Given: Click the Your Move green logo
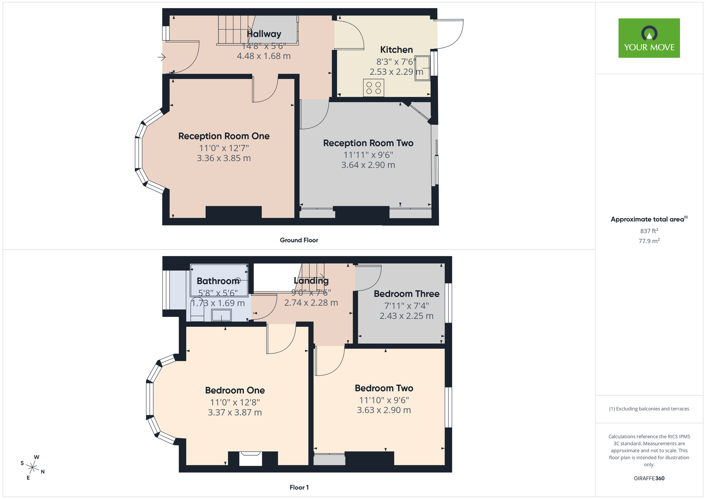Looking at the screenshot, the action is [649, 38].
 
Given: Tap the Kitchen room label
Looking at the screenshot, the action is [396, 50].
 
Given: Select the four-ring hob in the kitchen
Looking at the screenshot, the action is [373, 88].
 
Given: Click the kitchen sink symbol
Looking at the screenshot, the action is [423, 68].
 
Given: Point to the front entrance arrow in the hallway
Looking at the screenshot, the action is [162, 57].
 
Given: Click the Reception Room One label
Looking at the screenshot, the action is [224, 136].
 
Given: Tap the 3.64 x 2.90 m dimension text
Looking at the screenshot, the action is [368, 165].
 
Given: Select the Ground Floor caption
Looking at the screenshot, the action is [299, 240].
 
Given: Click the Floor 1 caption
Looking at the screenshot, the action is [299, 487].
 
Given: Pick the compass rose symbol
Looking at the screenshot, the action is [32, 468].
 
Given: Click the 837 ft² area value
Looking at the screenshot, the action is [649, 231].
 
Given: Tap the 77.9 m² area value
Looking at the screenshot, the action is [649, 241].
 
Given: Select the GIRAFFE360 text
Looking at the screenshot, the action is [649, 479].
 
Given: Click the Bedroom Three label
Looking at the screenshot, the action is [407, 294].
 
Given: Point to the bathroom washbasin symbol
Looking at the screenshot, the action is [221, 315].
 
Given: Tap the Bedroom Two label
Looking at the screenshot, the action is [384, 388].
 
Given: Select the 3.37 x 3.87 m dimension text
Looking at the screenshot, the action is [235, 412].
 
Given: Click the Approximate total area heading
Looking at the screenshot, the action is [649, 219].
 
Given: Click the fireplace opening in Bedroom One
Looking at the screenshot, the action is [251, 459].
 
